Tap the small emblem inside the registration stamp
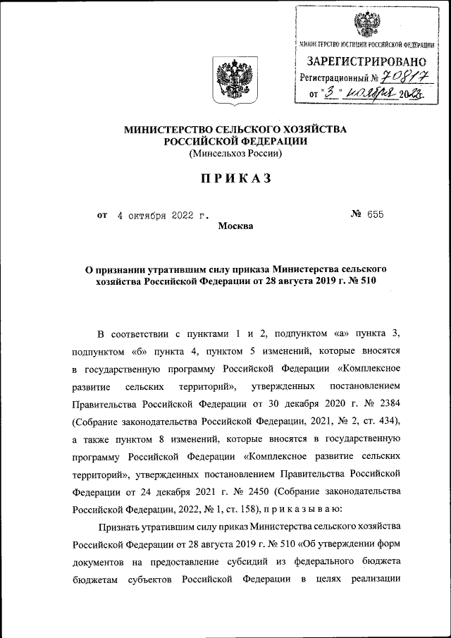click(x=366, y=24)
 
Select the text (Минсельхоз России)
click(x=235, y=152)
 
